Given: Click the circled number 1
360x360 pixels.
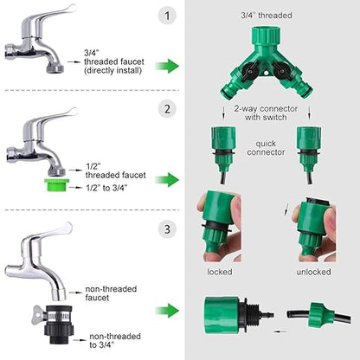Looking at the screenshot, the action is [x=167, y=16].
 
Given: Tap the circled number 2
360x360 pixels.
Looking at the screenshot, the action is [x=167, y=109].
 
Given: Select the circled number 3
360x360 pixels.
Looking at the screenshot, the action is [x=167, y=229].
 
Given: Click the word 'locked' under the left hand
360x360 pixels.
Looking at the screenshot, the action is [x=220, y=272].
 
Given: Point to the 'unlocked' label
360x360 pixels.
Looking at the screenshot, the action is [x=313, y=272].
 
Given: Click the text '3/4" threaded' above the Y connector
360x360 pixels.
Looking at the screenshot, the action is [x=267, y=16].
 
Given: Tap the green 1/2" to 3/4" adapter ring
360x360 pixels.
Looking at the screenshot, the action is [x=56, y=185].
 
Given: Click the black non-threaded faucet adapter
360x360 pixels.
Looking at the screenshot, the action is [x=59, y=325].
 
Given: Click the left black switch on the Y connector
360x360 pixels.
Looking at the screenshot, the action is [x=248, y=71].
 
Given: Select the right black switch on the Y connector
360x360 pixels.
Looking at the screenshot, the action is [x=280, y=71].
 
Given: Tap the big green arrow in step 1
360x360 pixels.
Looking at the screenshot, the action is [x=167, y=66].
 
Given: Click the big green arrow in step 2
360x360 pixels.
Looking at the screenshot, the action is [x=167, y=180].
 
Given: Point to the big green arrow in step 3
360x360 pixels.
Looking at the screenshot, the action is [x=167, y=311].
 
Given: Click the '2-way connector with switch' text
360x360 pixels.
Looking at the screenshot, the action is [x=266, y=113].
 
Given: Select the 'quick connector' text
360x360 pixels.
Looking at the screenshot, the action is [x=266, y=148].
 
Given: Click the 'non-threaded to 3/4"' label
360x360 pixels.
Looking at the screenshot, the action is [x=115, y=340].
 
